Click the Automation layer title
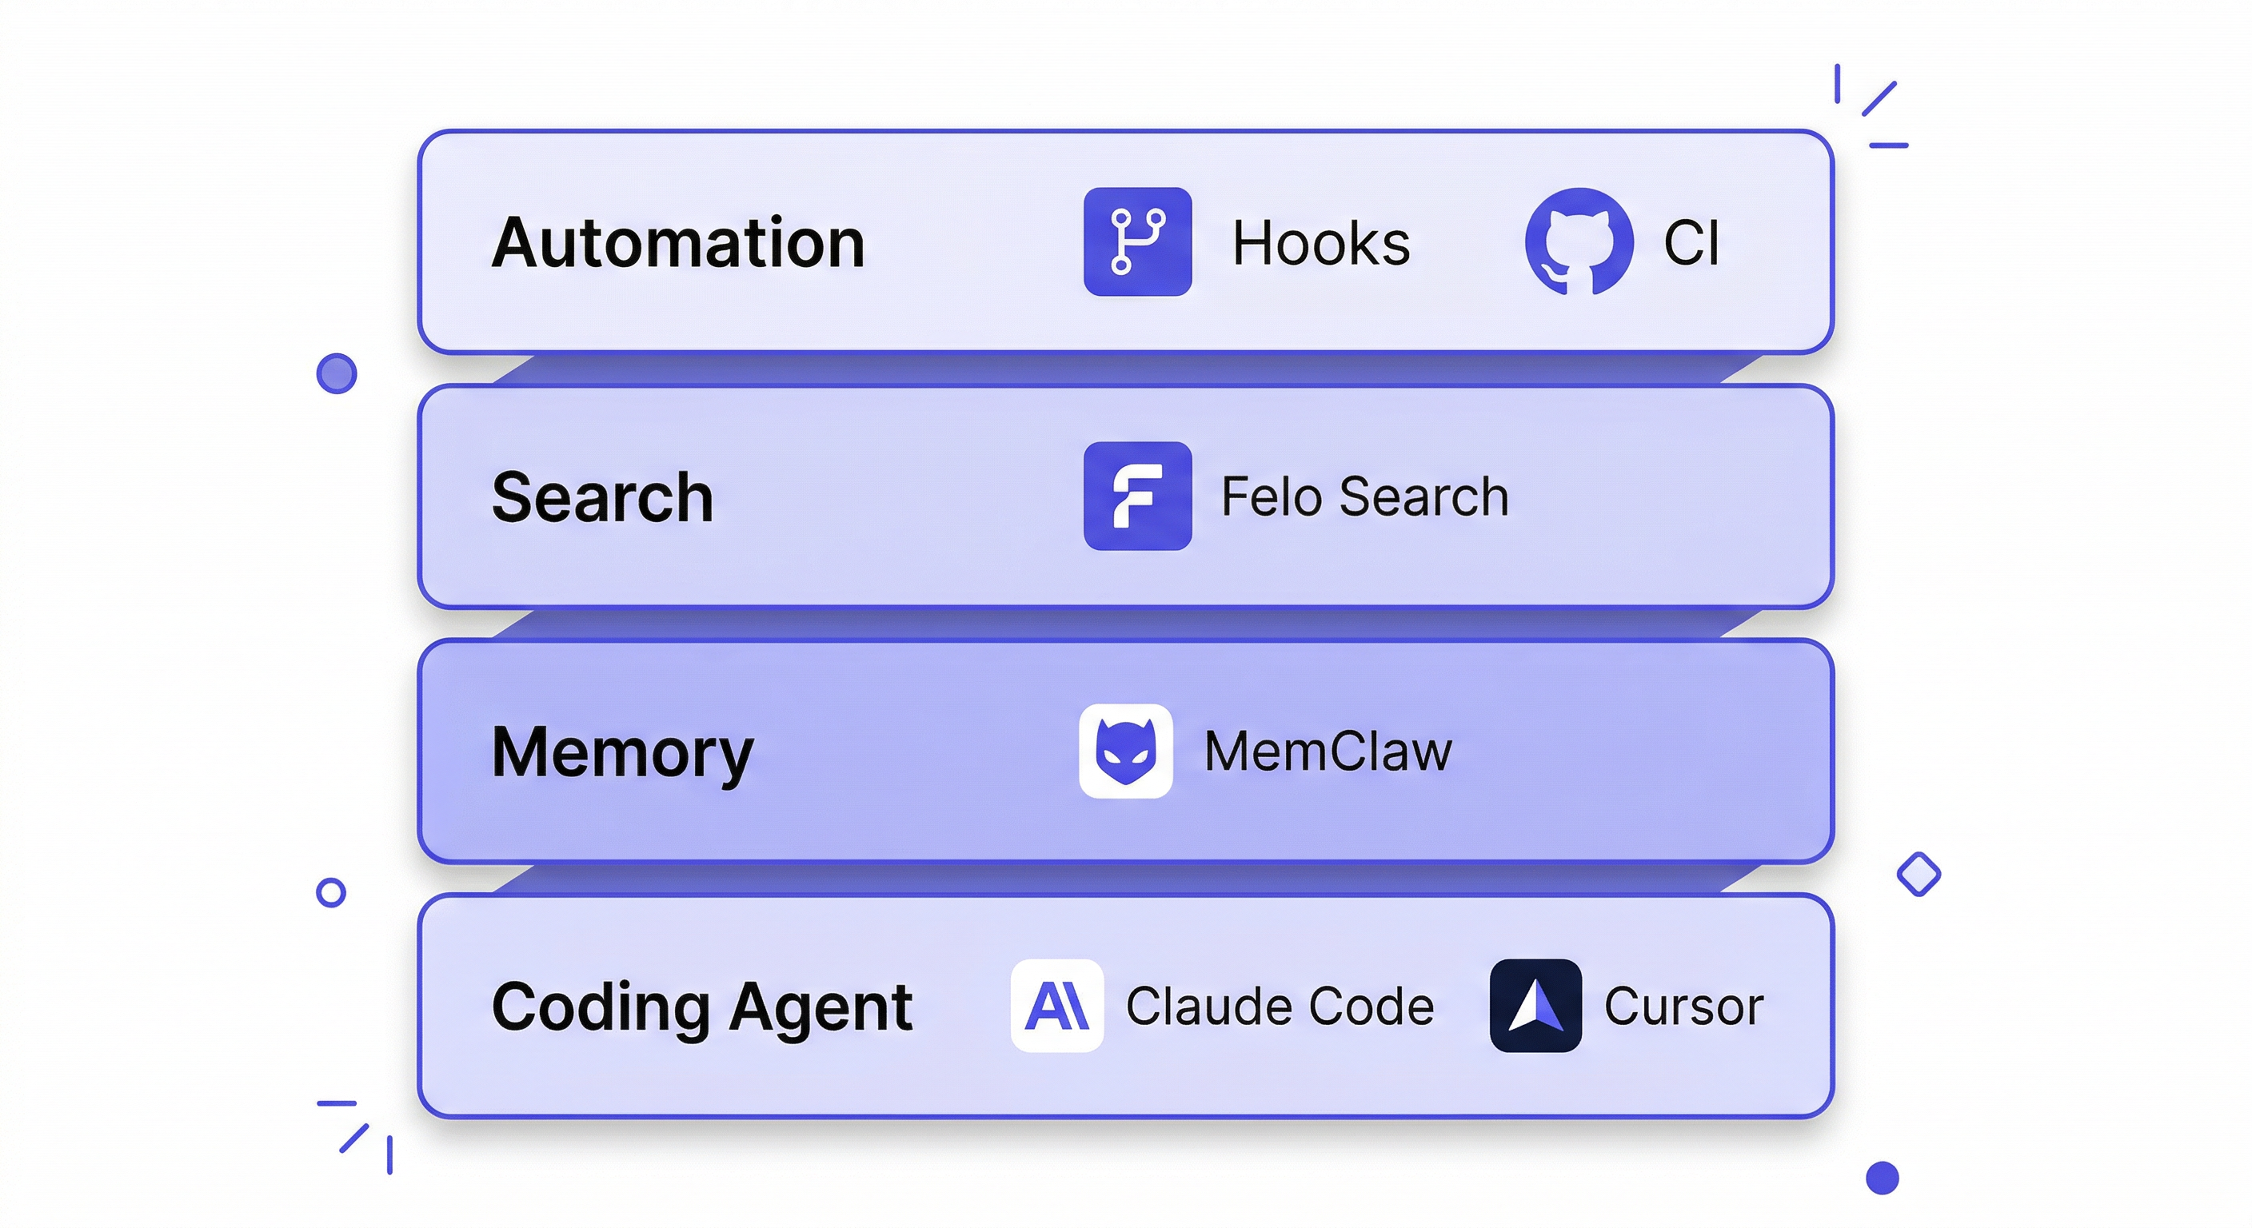tap(677, 243)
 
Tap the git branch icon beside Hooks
tap(1137, 242)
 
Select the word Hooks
tap(1320, 243)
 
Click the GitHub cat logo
tap(1579, 242)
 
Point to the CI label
tap(1691, 243)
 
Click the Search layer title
tap(602, 497)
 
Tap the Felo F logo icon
tap(1137, 496)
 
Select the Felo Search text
tap(1364, 496)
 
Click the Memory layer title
tap(621, 752)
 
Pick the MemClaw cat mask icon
tap(1126, 751)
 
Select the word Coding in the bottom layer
tap(600, 1007)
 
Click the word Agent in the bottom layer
tap(820, 1007)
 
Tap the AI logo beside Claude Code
tap(1057, 1006)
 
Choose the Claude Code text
tap(1279, 1006)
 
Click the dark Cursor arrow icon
tap(1535, 1006)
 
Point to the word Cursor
tap(1683, 1006)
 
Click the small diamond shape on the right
tap(1919, 874)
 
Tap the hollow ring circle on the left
tap(330, 892)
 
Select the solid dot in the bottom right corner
tap(1883, 1178)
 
